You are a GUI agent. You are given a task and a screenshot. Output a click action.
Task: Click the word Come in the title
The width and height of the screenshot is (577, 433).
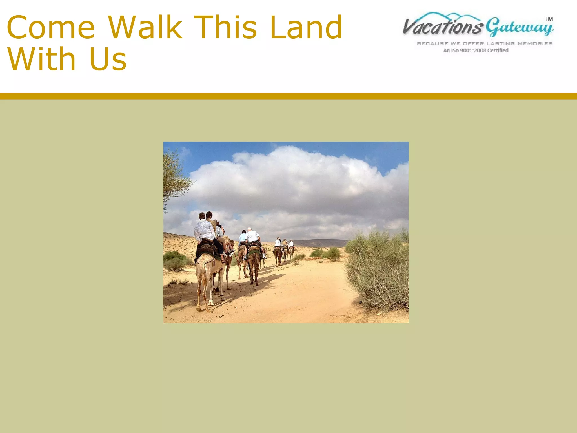(x=51, y=27)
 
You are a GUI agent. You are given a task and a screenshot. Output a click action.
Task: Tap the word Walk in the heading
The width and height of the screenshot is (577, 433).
(x=145, y=27)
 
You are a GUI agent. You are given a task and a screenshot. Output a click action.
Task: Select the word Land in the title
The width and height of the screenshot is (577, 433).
(x=306, y=27)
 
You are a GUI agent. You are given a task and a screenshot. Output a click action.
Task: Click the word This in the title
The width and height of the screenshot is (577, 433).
(x=225, y=27)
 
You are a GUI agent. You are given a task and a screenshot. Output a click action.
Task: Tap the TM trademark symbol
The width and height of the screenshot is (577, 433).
(x=548, y=19)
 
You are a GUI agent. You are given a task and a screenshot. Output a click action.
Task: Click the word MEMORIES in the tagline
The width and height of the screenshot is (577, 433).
(x=535, y=43)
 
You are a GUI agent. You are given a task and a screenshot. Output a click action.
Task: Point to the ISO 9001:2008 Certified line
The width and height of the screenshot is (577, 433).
(x=476, y=51)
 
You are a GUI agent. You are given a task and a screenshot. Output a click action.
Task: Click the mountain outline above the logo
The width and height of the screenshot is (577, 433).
(x=451, y=16)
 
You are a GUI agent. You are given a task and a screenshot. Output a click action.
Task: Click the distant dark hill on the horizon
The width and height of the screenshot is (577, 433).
(x=321, y=242)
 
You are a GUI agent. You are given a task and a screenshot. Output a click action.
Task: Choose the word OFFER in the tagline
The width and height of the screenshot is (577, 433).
(x=474, y=43)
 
